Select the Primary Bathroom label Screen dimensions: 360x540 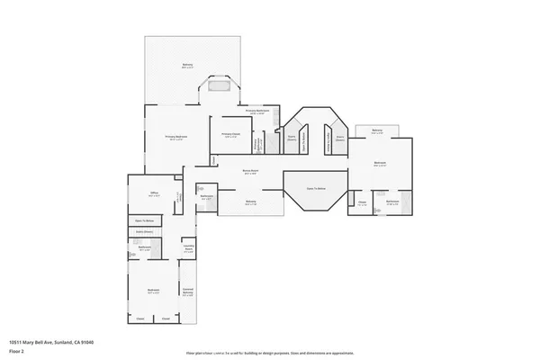(x=256, y=112)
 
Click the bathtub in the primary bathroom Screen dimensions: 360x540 (x=219, y=87)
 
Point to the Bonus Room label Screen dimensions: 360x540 (x=251, y=172)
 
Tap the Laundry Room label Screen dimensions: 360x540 (x=188, y=249)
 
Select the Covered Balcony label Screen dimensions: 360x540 (x=188, y=292)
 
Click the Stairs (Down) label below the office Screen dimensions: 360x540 (x=142, y=231)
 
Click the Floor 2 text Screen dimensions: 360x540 (x=16, y=349)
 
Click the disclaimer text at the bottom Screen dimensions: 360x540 (x=270, y=352)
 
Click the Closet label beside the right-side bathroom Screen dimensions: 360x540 (x=361, y=203)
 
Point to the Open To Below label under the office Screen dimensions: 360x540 (x=142, y=220)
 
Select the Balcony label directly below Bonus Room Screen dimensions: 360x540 (x=251, y=203)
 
